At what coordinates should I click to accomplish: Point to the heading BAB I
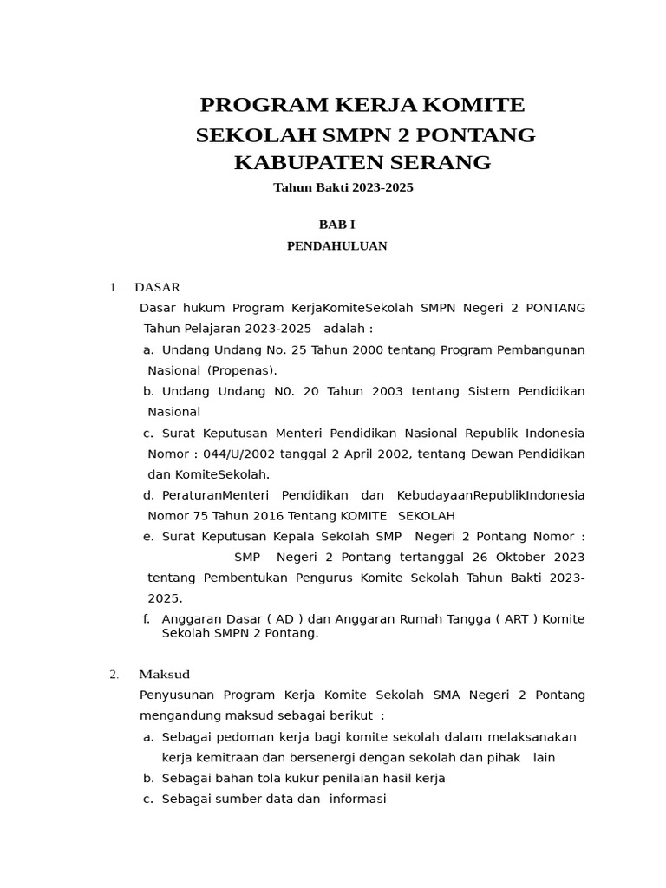tap(336, 225)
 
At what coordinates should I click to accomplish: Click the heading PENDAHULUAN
tap(336, 246)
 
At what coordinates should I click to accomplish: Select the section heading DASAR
tap(157, 287)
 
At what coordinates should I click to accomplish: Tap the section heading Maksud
tap(164, 675)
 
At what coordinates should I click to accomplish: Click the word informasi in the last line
tap(357, 800)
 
